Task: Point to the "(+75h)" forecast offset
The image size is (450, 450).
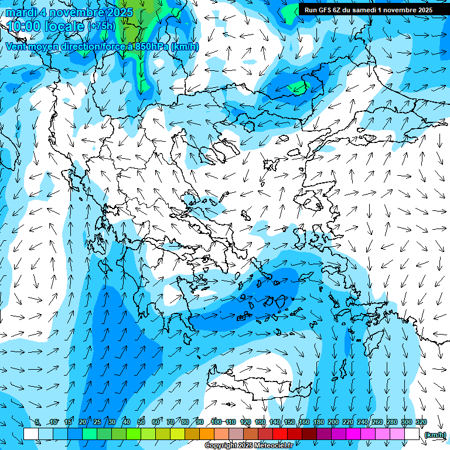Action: pos(102,26)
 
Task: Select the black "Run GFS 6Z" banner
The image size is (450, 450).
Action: pos(368,9)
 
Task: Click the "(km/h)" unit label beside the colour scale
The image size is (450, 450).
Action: pos(434,434)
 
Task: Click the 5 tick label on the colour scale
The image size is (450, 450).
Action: pos(37,422)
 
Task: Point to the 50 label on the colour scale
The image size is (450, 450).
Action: pos(141,422)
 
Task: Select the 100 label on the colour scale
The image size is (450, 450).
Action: pos(216,422)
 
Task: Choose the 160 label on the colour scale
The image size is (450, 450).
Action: pos(304,422)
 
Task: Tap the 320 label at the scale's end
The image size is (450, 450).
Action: pos(421,422)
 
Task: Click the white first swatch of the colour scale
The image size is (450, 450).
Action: pos(31,434)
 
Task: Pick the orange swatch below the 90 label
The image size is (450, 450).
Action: pos(207,434)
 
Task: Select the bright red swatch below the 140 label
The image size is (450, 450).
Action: pos(280,434)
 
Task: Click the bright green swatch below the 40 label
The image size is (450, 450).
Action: pos(134,434)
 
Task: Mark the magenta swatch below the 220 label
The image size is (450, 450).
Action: pos(353,434)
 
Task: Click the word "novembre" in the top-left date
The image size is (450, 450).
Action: pos(76,12)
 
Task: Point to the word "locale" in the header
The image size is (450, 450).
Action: pos(66,26)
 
